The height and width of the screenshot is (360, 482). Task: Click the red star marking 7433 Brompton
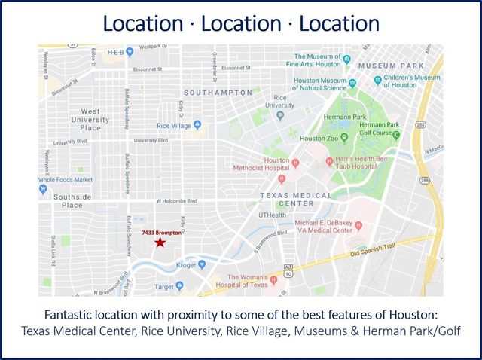[x=160, y=243]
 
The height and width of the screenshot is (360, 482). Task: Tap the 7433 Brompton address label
[x=161, y=233]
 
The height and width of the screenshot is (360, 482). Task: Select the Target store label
[x=163, y=287]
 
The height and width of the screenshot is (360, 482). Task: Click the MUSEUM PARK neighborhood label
[x=389, y=66]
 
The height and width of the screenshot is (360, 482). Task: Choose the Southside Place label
[x=73, y=200]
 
